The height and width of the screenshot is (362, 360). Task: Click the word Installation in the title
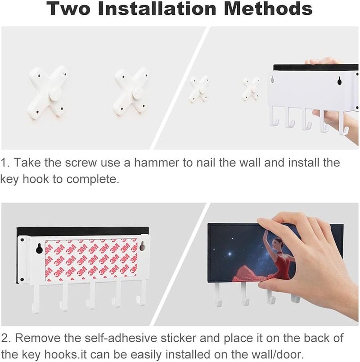pyautogui.click(x=157, y=8)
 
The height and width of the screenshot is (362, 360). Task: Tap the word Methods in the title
pyautogui.click(x=268, y=8)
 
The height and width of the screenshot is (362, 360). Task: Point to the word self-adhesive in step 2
pyautogui.click(x=121, y=338)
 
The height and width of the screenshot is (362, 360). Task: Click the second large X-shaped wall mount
pyautogui.click(x=130, y=91)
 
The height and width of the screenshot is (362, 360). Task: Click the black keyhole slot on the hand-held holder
pyautogui.click(x=339, y=81)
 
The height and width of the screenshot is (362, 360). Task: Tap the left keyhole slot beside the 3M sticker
pyautogui.click(x=40, y=249)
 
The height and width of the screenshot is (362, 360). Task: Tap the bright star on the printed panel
pyautogui.click(x=229, y=254)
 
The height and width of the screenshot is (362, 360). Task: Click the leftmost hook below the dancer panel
pyautogui.click(x=218, y=295)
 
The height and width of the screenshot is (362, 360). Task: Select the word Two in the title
pyautogui.click(x=68, y=8)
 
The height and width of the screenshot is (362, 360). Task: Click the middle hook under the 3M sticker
pyautogui.click(x=91, y=295)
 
